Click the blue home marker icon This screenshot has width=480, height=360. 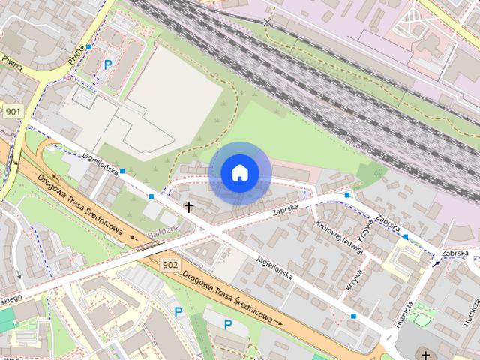point(239,172)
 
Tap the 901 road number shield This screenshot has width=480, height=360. point(12,112)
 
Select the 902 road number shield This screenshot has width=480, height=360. point(170,265)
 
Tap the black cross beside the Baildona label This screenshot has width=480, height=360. point(188,206)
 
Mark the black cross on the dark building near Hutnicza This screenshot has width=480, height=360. point(425,355)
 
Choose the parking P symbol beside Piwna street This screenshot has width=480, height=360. point(108,65)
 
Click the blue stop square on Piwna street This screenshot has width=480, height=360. point(88,47)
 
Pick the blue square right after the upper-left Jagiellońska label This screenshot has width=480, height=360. point(122,172)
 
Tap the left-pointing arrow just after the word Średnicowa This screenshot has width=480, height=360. point(134,240)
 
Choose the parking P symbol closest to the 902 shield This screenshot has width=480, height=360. point(178,311)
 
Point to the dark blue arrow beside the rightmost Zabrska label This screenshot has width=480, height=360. point(436,262)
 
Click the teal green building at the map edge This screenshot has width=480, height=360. point(6,318)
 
